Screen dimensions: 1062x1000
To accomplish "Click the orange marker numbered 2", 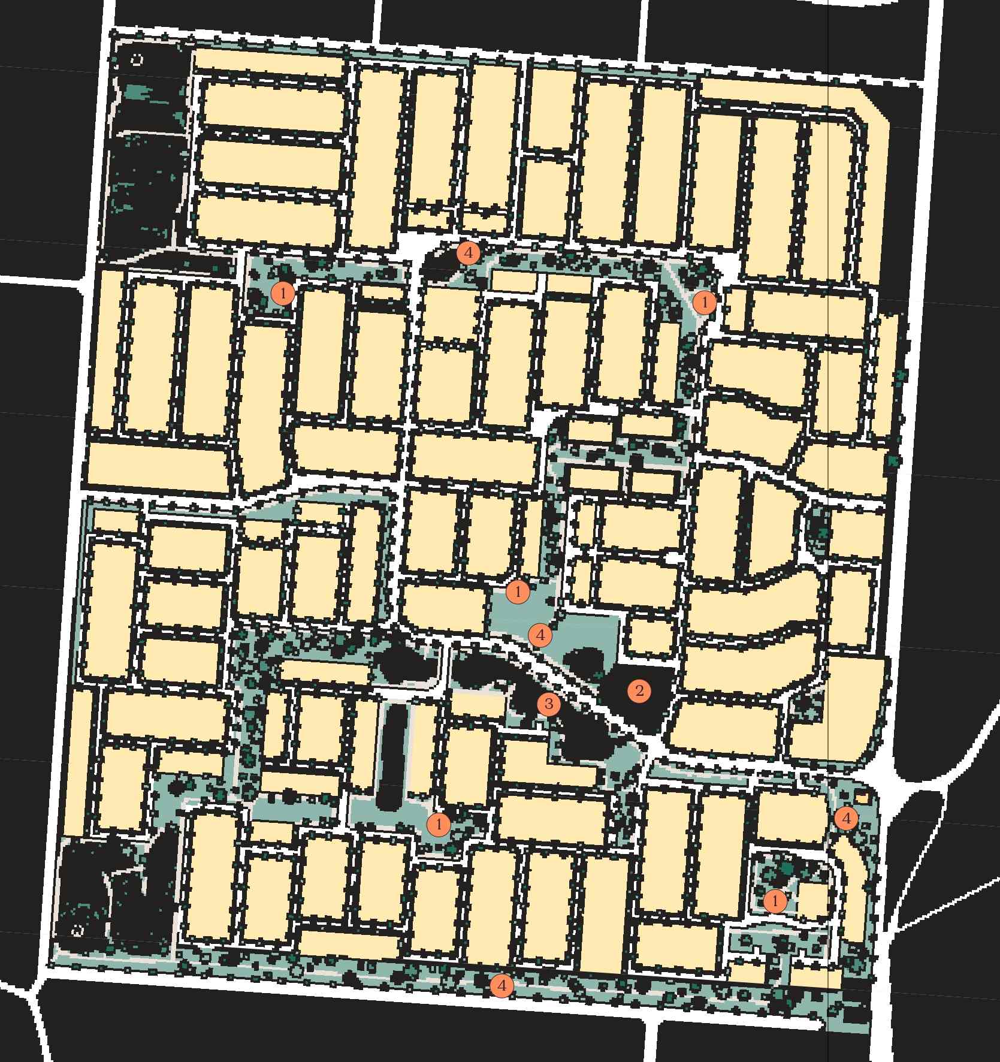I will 639,691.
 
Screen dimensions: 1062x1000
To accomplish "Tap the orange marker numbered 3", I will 548,704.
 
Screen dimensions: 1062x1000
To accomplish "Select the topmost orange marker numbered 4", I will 469,253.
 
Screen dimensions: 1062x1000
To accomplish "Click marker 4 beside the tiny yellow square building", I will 846,818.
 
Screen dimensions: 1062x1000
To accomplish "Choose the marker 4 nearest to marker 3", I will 540,635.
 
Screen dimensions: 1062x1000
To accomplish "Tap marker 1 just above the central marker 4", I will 518,592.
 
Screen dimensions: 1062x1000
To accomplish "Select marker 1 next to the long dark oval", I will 439,825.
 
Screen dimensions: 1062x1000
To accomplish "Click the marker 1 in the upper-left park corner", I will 283,294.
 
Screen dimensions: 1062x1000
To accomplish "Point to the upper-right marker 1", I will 705,303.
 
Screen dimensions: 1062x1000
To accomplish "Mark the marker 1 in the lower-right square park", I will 775,901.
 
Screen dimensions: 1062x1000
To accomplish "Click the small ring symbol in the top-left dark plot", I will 137,60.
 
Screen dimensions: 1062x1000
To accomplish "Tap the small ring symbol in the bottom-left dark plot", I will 77,931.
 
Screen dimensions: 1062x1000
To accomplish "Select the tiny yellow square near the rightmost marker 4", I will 862,798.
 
